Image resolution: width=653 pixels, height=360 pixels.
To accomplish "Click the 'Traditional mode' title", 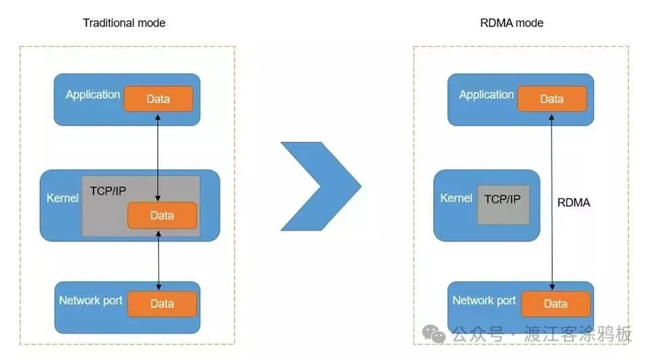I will [x=124, y=23].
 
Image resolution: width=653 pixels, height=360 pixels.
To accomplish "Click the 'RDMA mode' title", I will [x=511, y=23].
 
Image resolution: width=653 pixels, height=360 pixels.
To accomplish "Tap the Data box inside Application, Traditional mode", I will [x=158, y=99].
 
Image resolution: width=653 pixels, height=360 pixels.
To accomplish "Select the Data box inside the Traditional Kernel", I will [x=162, y=216].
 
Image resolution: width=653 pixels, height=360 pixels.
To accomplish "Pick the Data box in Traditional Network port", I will [x=162, y=304].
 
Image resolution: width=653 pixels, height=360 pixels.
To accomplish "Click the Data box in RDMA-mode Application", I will [x=551, y=99].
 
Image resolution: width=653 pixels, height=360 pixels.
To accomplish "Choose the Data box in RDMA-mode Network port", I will [x=555, y=304].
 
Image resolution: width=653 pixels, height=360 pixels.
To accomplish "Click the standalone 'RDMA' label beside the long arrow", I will [x=574, y=202].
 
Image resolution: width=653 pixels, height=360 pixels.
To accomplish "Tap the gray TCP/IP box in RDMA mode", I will [x=502, y=204].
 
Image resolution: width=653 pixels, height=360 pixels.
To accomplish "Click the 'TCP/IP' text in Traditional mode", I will [x=108, y=191].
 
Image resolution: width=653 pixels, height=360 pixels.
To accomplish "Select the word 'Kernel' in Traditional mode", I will [x=63, y=199].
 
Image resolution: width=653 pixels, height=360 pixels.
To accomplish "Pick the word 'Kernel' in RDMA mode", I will [x=456, y=198].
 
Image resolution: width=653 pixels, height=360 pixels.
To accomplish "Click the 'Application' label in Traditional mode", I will [x=93, y=95].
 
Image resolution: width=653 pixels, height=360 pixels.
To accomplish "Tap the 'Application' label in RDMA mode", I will [x=486, y=95].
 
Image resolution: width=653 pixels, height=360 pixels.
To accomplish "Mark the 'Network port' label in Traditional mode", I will [x=91, y=300].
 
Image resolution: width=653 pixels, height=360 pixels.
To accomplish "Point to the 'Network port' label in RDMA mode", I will [x=484, y=300].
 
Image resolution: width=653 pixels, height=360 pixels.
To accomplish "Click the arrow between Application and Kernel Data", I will [x=158, y=157].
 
